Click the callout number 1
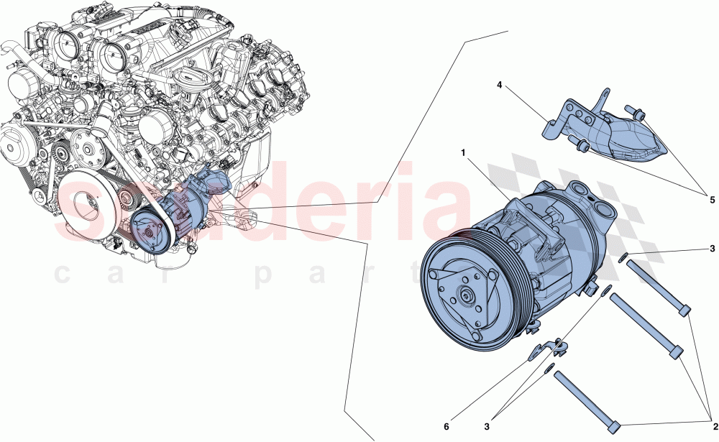[x=464, y=153]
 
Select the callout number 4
[x=499, y=85]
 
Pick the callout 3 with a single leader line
[x=712, y=249]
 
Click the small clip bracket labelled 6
[x=546, y=349]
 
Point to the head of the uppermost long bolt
[x=684, y=310]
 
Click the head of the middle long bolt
[x=674, y=352]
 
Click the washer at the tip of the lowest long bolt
[x=550, y=369]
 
